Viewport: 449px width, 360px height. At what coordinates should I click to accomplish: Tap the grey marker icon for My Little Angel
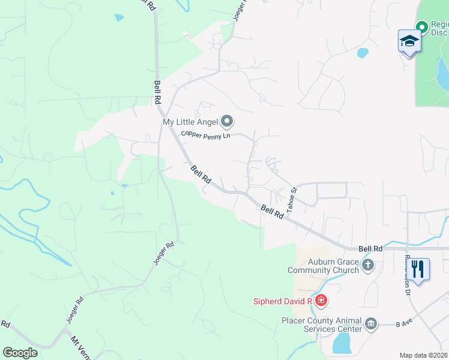(x=227, y=122)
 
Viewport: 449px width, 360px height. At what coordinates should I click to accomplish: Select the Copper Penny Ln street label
(x=206, y=135)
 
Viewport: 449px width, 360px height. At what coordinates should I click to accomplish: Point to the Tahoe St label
(x=292, y=199)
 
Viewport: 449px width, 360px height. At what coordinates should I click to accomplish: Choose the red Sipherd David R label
(x=282, y=300)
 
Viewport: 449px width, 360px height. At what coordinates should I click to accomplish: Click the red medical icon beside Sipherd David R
(x=321, y=300)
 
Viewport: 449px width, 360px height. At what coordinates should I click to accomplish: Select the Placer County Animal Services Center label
(x=322, y=325)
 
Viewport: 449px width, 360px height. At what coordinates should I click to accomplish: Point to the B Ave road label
(x=404, y=323)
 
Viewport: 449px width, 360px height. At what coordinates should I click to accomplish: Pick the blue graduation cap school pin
(x=409, y=42)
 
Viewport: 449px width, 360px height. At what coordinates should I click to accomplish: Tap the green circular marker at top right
(x=421, y=26)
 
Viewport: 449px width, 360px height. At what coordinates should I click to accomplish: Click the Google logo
(x=20, y=353)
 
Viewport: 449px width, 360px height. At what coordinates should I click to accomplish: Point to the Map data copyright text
(x=424, y=355)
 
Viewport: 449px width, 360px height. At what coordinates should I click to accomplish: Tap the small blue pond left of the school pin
(x=363, y=53)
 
